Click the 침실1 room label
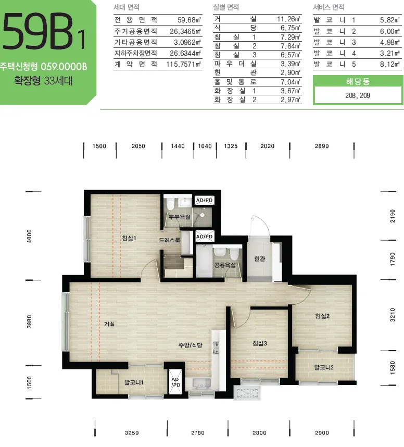coord(129,238)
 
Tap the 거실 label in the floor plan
coord(109,324)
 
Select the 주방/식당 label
coord(191,345)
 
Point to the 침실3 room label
coord(260,343)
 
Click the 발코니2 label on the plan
coord(324,367)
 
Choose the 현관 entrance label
coord(260,258)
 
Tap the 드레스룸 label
coord(170,240)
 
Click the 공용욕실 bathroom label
coord(225,265)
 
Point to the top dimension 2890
coord(322,146)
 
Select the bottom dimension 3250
coord(132,433)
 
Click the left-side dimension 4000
coord(29,236)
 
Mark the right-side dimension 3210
coord(393,315)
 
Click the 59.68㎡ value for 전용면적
coord(189,20)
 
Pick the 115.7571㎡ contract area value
coord(184,64)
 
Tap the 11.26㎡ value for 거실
coord(288,19)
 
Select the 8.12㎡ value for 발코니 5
coord(390,64)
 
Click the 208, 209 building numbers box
coord(358,95)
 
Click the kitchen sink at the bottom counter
coord(201,383)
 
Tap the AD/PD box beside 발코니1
coord(175,382)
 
